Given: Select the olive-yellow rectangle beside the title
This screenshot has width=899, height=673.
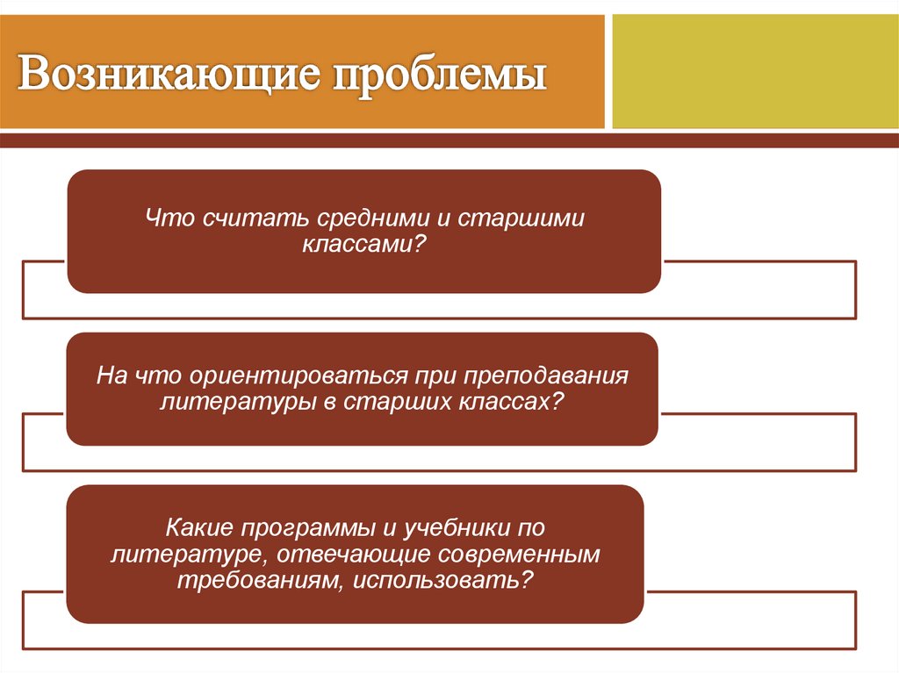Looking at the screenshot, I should [x=754, y=71].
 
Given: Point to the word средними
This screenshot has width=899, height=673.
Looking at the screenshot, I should [x=353, y=217].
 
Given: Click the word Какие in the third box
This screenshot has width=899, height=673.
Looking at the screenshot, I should [x=196, y=529].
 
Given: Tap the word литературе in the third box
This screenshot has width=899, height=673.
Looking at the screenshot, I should [x=184, y=555].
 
